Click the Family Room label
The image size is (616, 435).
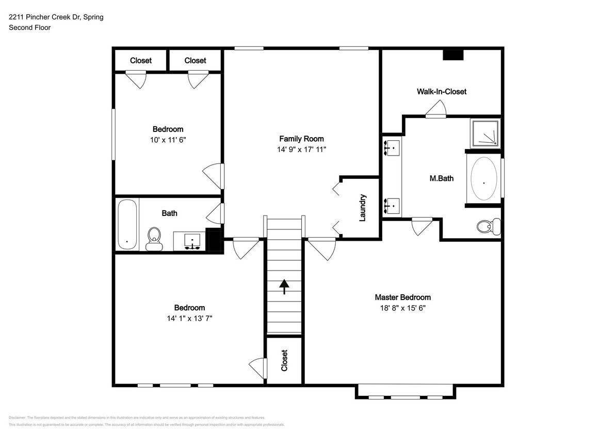[x=301, y=139]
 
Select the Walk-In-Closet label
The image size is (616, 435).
[x=442, y=92]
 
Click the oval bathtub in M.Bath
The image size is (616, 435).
[x=484, y=179]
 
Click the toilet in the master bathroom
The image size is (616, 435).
[x=488, y=226]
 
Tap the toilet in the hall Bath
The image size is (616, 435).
[x=153, y=239]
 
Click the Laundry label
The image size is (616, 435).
[x=362, y=208]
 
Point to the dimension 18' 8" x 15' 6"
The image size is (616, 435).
[x=402, y=308]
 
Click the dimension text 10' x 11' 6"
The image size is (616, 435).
[x=168, y=140]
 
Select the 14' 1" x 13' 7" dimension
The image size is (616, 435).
[x=189, y=318]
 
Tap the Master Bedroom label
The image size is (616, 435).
[x=402, y=297]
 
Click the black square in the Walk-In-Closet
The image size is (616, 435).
[x=453, y=55]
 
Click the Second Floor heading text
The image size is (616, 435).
[x=29, y=27]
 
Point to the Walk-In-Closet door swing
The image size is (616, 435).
[x=436, y=109]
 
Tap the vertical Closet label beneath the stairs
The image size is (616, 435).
[x=284, y=360]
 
